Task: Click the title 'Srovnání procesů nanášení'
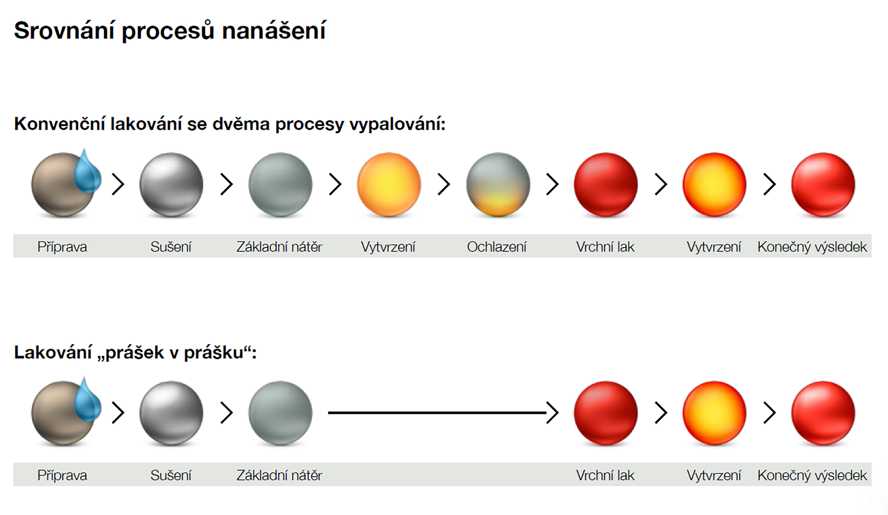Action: pos(170,31)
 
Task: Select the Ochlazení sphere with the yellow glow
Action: pos(498,184)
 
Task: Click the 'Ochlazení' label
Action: pos(497,247)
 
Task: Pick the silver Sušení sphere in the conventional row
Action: pos(171,184)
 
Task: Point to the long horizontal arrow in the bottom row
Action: pos(443,412)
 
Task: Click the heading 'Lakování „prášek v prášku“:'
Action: pos(135,353)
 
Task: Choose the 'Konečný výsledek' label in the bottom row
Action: pos(812,475)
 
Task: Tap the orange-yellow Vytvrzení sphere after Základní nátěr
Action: pos(389,184)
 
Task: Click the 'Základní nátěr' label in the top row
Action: pos(279,247)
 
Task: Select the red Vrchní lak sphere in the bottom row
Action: pos(606,413)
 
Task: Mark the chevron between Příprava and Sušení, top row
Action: pos(118,184)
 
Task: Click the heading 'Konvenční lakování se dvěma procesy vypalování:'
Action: pos(229,124)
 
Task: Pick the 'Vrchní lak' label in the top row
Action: pos(605,247)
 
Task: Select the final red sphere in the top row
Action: pos(823,184)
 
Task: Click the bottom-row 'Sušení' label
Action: pos(171,475)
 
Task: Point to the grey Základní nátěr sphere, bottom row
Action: pos(280,413)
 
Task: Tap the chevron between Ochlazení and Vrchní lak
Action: pos(552,184)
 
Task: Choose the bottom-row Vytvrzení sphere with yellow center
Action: pos(715,413)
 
